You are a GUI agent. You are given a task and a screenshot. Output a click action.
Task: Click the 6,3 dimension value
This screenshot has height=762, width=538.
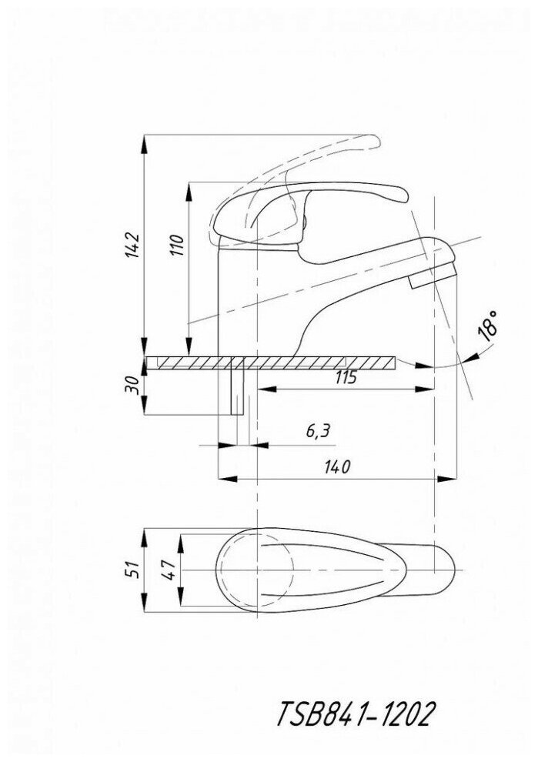tap(317, 431)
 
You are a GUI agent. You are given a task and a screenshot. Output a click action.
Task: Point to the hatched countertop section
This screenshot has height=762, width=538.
tap(308, 362)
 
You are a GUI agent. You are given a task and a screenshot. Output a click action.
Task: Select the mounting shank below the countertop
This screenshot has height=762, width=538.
tap(237, 391)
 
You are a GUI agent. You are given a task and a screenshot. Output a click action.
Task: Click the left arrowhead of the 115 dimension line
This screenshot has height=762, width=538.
tap(262, 390)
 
